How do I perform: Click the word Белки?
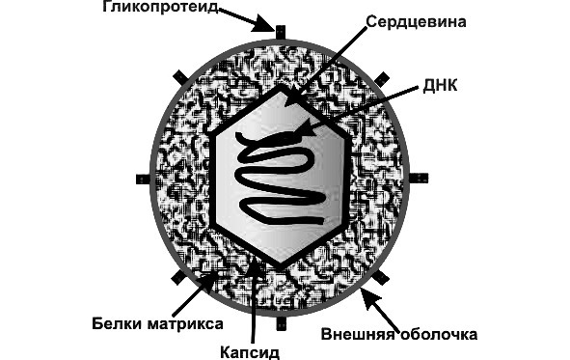click(118, 322)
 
